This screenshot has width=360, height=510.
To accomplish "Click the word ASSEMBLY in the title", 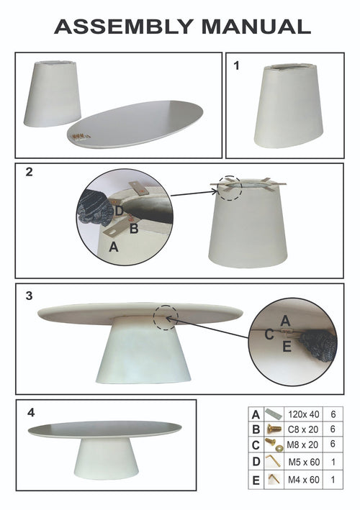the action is (124, 27).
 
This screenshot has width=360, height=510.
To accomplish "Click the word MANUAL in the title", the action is (256, 27).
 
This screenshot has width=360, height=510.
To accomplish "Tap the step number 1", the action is (237, 65).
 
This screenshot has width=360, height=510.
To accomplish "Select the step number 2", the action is (30, 172).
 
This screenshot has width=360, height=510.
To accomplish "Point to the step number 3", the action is (30, 296).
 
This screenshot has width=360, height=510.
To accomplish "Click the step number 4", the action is (30, 413).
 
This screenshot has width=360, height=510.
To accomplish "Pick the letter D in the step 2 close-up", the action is (119, 211).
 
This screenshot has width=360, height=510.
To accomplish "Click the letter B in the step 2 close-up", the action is (134, 229).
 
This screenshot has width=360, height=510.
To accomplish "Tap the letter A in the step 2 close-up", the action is (114, 247).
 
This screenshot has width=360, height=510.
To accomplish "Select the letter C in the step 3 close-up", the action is (269, 334).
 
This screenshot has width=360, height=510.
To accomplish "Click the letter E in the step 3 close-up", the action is (287, 347).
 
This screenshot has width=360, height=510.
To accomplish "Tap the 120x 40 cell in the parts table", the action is (303, 414).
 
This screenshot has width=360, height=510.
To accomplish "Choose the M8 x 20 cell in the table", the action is (302, 445).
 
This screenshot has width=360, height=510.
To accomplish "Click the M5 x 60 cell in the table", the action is (304, 462).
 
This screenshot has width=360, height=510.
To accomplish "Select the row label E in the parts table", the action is (256, 480).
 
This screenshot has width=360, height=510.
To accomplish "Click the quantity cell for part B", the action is (333, 429).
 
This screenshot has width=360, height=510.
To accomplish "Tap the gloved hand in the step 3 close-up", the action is (318, 347).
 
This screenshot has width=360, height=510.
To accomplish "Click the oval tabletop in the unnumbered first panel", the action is (135, 124).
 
